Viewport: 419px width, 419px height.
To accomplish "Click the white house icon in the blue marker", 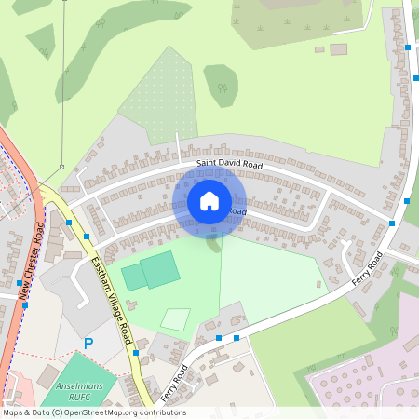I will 209,200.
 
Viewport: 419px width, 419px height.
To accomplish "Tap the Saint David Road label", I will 229,165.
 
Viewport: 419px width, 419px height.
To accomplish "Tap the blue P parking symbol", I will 88,344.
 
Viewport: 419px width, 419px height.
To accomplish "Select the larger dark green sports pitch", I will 160,268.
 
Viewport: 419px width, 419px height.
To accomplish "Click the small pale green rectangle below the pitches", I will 175,318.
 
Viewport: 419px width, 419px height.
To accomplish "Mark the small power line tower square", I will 62,168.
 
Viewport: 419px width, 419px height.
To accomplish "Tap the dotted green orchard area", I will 160,93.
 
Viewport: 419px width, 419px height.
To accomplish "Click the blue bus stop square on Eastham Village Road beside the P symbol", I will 135,353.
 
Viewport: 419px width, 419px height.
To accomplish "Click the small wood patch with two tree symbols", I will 222,84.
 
